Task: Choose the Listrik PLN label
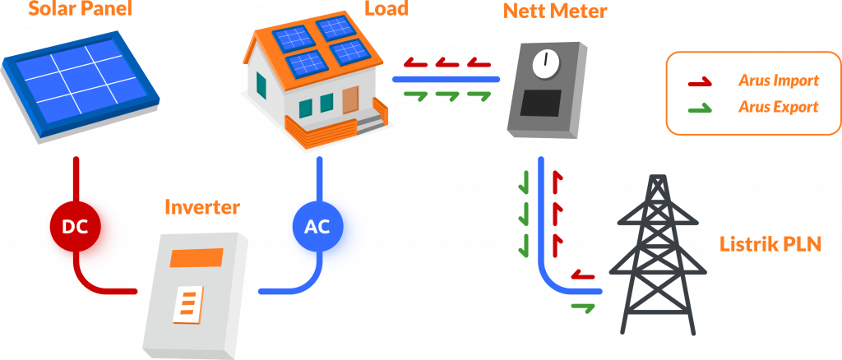(770, 243)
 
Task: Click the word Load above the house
(386, 10)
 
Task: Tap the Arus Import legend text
(778, 81)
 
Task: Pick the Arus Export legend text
(778, 107)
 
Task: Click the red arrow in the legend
(700, 81)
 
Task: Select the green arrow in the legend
(700, 108)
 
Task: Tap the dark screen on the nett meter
(543, 104)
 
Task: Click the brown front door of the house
(350, 101)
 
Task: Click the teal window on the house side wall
(261, 84)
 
